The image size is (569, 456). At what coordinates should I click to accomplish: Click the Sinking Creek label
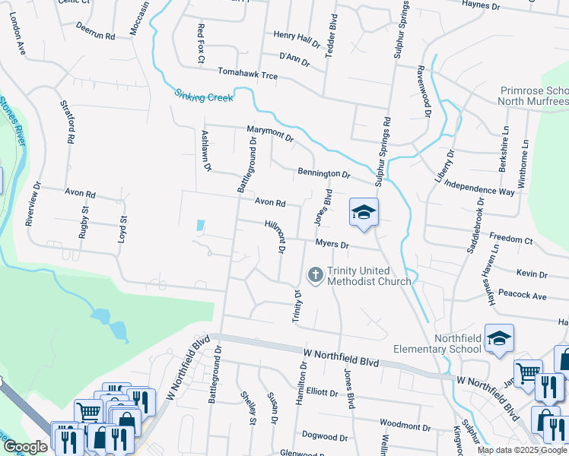202,96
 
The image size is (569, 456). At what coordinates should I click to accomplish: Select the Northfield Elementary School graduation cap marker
498,339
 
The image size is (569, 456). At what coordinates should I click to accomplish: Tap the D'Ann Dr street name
294,58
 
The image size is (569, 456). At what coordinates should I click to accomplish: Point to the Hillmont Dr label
275,236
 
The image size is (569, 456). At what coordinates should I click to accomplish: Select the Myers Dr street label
332,245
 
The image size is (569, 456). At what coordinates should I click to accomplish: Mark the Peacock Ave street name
530,296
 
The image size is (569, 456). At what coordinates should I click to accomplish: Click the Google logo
25,447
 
